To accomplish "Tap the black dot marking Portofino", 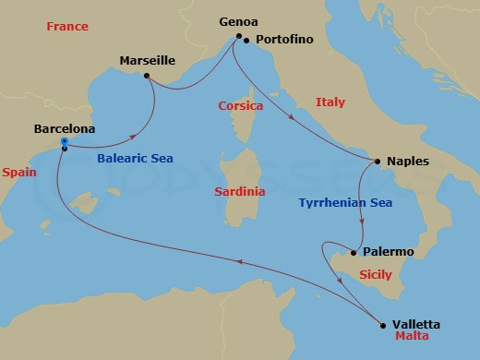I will [x=247, y=40].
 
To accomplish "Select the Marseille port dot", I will [x=147, y=77].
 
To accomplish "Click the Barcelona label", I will [x=64, y=129].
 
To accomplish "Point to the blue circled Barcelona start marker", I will [x=64, y=141].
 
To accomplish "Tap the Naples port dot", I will [x=379, y=161].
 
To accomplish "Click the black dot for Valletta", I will [x=383, y=324].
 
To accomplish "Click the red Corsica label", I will [x=241, y=106].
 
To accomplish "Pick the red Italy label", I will [x=330, y=102].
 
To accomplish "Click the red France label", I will [x=67, y=27].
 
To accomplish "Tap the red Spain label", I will [x=20, y=173].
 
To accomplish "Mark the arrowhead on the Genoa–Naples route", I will [x=292, y=118].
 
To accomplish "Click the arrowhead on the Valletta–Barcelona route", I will [x=242, y=262].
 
